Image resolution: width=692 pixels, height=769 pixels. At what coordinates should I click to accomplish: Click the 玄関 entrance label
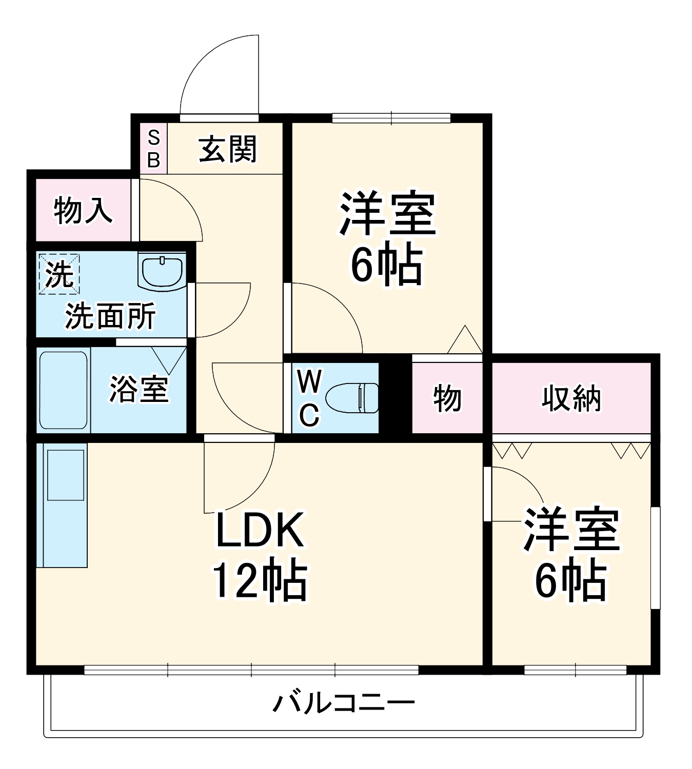tap(227, 149)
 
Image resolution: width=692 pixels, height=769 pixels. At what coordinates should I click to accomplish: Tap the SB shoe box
tap(153, 149)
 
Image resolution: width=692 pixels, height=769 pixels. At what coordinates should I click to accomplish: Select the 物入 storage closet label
tap(83, 210)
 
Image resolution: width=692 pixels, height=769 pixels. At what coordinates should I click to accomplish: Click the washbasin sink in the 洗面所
tap(162, 272)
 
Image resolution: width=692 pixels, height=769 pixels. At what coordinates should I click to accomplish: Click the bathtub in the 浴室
tap(64, 390)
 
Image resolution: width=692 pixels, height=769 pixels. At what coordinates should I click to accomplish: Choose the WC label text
tap(309, 398)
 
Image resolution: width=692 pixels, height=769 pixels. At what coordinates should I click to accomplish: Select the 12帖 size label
tap(260, 581)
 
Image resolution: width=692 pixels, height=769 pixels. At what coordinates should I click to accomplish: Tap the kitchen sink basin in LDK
tap(66, 475)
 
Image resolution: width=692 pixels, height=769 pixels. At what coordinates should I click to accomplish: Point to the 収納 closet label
tap(570, 398)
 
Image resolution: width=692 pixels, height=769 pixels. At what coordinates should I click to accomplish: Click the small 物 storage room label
tap(447, 398)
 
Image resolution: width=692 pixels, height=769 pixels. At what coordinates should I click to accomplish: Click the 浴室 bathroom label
tap(139, 389)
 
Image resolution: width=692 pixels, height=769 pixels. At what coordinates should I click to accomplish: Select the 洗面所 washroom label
tap(110, 316)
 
